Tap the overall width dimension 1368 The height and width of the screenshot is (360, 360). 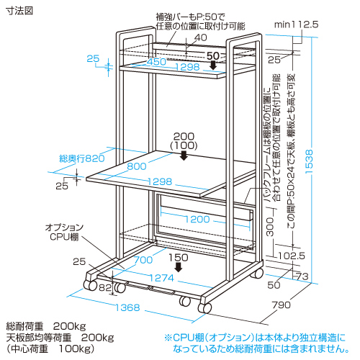tap(127, 307)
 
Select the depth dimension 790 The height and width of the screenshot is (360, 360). tap(282, 305)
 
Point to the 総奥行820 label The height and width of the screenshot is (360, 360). tap(82, 158)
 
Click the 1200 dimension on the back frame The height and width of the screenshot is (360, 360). tap(197, 219)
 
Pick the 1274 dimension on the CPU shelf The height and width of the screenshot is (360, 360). tap(161, 278)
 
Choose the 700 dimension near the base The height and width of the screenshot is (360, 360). tap(143, 260)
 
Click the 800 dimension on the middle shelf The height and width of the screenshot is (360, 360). tap(137, 166)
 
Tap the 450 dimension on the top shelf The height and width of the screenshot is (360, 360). tap(156, 62)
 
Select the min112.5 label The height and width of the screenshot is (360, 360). tap(296, 24)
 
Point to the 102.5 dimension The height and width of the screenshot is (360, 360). tap(292, 256)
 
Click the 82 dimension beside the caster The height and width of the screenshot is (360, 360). tap(105, 287)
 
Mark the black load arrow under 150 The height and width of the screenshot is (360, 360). tap(179, 267)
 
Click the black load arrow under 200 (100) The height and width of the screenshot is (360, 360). tap(184, 156)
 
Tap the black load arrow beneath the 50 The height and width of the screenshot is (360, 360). tap(213, 65)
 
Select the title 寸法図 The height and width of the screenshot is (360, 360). tap(19, 11)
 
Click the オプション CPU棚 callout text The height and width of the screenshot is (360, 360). tap(64, 232)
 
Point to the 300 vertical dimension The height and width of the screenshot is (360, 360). tap(271, 227)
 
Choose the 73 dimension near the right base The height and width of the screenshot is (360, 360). tap(302, 276)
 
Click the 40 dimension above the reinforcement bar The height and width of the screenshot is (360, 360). tap(201, 37)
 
